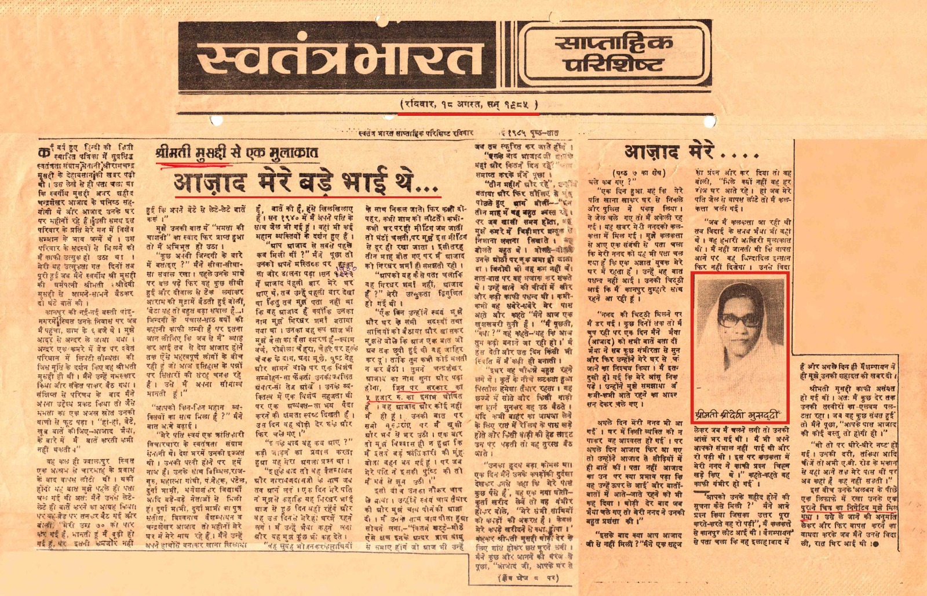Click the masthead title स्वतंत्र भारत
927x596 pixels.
[333, 57]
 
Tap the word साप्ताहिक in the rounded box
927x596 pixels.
[614, 42]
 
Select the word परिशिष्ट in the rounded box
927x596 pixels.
[614, 64]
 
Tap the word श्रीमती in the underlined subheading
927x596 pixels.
[173, 153]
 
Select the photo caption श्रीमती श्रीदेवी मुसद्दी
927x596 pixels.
[740, 415]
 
